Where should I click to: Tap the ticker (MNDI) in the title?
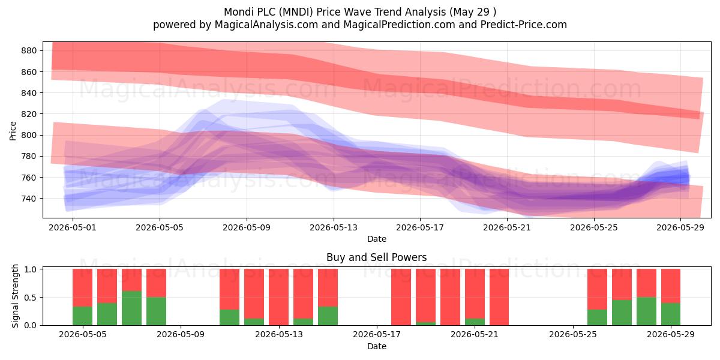pyautogui.click(x=296, y=12)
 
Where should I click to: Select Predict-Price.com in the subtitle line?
pyautogui.click(x=524, y=25)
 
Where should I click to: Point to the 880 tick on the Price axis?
pyautogui.click(x=29, y=50)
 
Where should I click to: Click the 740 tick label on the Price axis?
pyautogui.click(x=29, y=199)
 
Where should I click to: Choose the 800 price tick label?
pyautogui.click(x=29, y=135)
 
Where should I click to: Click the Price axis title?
pyautogui.click(x=13, y=131)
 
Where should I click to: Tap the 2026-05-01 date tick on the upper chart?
pyautogui.click(x=73, y=227)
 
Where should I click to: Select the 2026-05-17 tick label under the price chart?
pyautogui.click(x=420, y=227)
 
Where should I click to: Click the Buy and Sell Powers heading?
pyautogui.click(x=376, y=257)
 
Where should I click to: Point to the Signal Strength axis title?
pyautogui.click(x=15, y=296)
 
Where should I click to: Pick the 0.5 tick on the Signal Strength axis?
pyautogui.click(x=31, y=298)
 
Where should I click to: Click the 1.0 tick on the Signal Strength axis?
pyautogui.click(x=31, y=269)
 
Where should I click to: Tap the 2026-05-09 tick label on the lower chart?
pyautogui.click(x=181, y=335)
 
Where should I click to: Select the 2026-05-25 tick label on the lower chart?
pyautogui.click(x=573, y=335)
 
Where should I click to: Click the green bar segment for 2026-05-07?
pyautogui.click(x=132, y=308)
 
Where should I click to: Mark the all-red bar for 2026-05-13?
pyautogui.click(x=278, y=297)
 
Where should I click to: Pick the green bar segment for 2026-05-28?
pyautogui.click(x=646, y=311)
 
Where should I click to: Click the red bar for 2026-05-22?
pyautogui.click(x=499, y=297)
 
